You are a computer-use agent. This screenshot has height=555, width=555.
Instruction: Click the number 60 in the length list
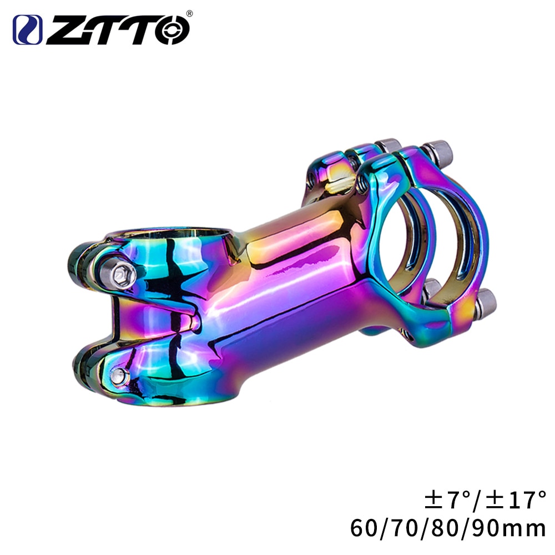click(x=363, y=528)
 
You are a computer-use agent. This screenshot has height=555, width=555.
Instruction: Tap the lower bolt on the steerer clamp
click(x=118, y=375)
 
